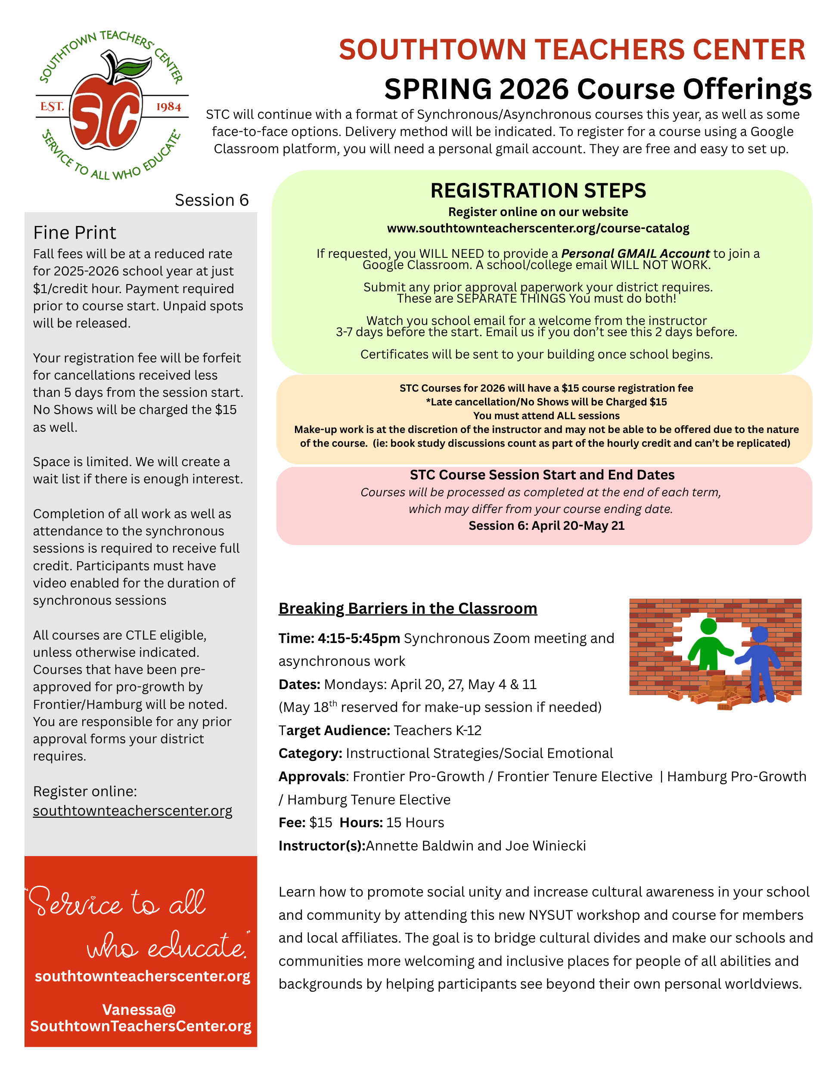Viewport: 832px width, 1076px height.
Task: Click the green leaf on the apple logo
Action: click(134, 67)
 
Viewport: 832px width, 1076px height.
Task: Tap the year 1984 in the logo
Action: click(168, 107)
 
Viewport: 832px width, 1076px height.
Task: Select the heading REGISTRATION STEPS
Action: click(538, 191)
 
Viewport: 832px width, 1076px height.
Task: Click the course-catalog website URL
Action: click(538, 228)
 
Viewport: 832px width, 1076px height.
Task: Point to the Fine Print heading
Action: click(75, 232)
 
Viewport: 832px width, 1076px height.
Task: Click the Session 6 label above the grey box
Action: click(211, 200)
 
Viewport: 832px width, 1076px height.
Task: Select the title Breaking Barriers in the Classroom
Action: click(408, 609)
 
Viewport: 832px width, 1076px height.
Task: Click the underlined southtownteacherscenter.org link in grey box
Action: click(133, 810)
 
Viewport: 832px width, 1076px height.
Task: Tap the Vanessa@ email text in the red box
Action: click(140, 1009)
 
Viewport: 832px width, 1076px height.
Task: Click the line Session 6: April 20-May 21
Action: click(546, 526)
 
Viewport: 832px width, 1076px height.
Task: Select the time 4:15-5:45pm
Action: click(358, 639)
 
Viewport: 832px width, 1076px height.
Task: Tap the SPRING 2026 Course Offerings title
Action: click(597, 89)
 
